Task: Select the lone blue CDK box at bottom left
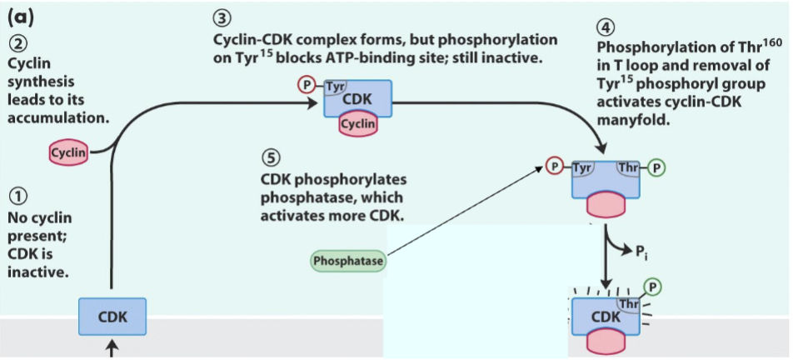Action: coord(112,317)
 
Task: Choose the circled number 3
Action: coord(222,19)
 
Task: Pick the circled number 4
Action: coord(606,27)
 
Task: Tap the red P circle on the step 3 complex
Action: coord(306,86)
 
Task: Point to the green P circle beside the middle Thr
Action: coord(656,167)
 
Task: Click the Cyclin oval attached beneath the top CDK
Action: coord(358,124)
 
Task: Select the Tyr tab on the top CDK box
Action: coord(335,87)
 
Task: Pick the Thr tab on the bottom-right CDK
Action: coord(630,305)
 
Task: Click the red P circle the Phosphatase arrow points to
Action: coord(553,167)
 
